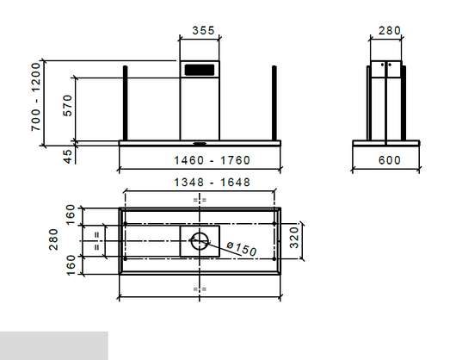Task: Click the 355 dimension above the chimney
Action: pos(203,30)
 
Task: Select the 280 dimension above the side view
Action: pos(390,30)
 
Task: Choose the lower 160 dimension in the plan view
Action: pos(71,261)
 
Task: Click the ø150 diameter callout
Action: pos(243,250)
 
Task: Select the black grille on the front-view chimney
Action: pos(200,69)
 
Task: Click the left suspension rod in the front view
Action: pos(126,103)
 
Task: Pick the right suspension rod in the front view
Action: pos(275,103)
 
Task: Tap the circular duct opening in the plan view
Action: pos(200,241)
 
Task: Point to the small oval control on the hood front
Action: pos(200,142)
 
